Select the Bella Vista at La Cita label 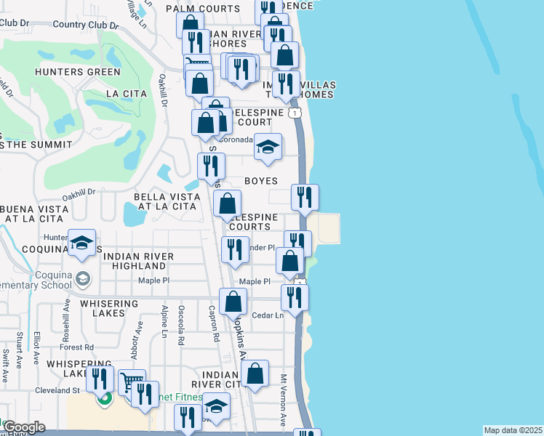[x=164, y=201]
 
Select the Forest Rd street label [x=79, y=347]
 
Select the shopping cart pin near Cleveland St [x=131, y=382]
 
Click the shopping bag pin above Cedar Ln [x=233, y=302]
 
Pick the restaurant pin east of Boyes [x=305, y=197]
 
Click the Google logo [x=24, y=427]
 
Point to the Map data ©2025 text [x=513, y=430]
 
